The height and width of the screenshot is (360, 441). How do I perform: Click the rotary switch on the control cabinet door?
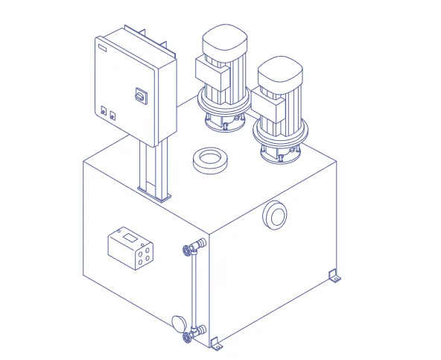click(x=138, y=95)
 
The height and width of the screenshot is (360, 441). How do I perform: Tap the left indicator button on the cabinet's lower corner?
click(x=104, y=111)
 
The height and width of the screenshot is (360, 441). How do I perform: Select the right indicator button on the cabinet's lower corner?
click(x=112, y=116)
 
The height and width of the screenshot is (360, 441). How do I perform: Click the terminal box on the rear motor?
click(x=211, y=72)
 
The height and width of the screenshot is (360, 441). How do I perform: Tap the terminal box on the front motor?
click(x=266, y=109)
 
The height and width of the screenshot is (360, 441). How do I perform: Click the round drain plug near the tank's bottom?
click(x=179, y=322)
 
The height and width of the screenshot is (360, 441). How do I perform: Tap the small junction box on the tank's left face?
click(x=132, y=247)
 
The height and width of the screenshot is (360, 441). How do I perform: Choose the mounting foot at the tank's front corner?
click(x=217, y=344)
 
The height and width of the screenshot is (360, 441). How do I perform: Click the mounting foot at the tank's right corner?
click(x=334, y=277)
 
